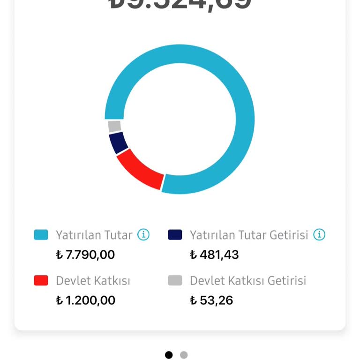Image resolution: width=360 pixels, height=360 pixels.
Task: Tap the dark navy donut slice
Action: pos(118,142)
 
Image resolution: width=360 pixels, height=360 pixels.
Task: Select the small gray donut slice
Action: pos(114,126)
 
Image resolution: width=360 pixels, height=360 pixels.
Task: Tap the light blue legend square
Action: pos(41,235)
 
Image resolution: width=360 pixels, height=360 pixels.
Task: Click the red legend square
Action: pos(41,280)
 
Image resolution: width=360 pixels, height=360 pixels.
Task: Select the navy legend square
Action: pos(175,235)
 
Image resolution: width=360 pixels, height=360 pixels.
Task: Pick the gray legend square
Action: pos(175,280)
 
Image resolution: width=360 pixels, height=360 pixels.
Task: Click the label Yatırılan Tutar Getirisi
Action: pos(249,235)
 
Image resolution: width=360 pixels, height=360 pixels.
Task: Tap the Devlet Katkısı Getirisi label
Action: pos(248,281)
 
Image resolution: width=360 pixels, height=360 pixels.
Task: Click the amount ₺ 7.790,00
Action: pos(85,255)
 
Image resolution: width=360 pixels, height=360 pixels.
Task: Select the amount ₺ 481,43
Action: pos(214,255)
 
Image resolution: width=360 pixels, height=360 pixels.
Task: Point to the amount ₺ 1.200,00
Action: pos(85,300)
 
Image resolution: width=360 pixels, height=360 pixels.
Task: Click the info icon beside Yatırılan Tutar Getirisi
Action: pos(319,234)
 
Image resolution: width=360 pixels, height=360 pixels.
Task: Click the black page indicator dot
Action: pos(169,355)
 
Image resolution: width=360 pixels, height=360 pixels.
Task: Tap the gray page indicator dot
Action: pos(184,355)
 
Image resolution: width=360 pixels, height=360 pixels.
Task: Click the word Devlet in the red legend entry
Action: pos(73,281)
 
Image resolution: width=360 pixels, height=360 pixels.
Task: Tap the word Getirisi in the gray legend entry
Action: pos(287,281)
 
